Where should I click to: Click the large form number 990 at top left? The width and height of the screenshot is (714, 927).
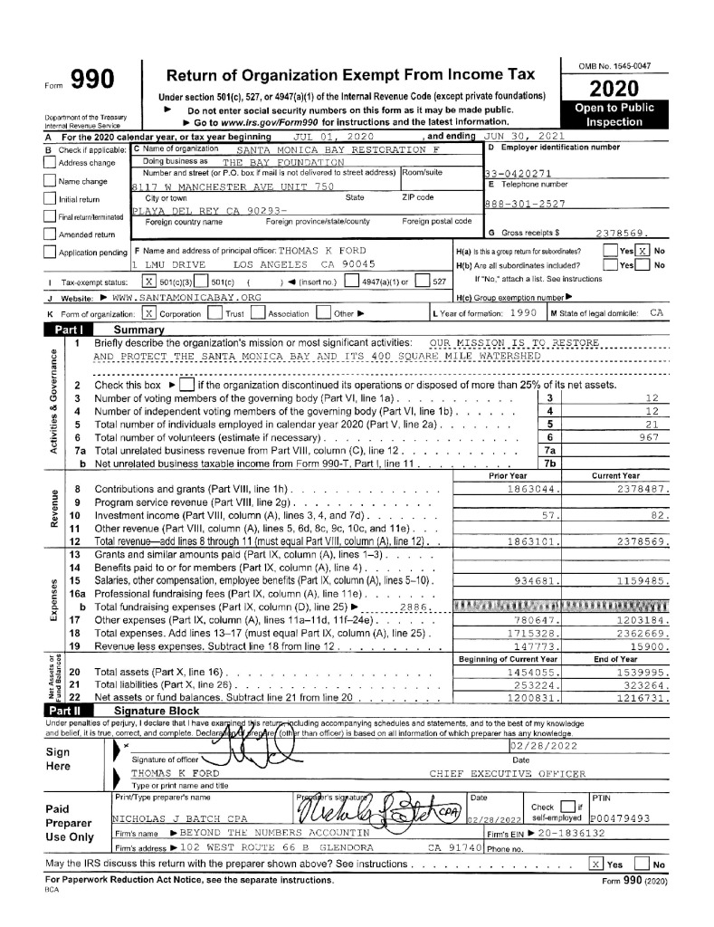click(90, 81)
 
